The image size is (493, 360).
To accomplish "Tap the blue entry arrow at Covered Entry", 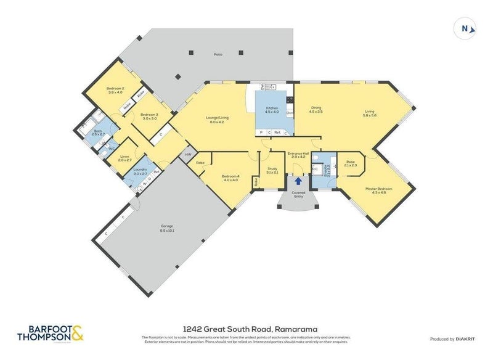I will [x=298, y=181].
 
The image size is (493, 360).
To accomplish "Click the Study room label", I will [x=272, y=171].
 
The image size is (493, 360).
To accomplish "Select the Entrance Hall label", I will [x=298, y=156].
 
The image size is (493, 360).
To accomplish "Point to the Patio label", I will [x=218, y=54].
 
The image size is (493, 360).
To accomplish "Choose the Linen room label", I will [x=124, y=158].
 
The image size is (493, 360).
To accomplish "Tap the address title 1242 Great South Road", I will [x=246, y=330].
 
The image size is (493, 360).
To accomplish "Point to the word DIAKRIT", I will [x=467, y=339].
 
